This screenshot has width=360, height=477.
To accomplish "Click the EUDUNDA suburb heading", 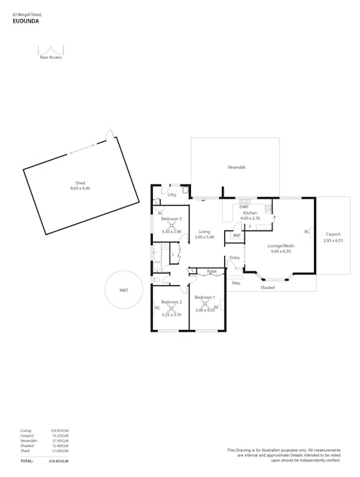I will pyautogui.click(x=25, y=21).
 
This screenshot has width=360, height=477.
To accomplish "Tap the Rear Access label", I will pyautogui.click(x=51, y=57).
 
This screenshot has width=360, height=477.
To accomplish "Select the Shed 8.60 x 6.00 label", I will pyautogui.click(x=80, y=186).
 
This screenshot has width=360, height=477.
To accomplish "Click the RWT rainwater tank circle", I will pyautogui.click(x=123, y=290).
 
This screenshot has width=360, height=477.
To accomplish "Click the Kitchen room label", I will pyautogui.click(x=250, y=213).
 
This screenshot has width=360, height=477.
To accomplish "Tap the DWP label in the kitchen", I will pyautogui.click(x=244, y=206).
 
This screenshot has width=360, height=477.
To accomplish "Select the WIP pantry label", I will pyautogui.click(x=237, y=235).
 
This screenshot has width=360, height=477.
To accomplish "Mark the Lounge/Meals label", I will pyautogui.click(x=280, y=247).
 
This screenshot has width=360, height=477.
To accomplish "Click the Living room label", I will pyautogui.click(x=204, y=232).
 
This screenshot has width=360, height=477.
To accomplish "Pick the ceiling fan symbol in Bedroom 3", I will pyautogui.click(x=171, y=225).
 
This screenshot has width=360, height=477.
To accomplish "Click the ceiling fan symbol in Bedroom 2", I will pyautogui.click(x=170, y=308).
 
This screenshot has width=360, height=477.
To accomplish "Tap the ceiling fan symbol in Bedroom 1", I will pyautogui.click(x=205, y=303).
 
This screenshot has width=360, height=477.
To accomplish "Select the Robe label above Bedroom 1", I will pyautogui.click(x=211, y=271).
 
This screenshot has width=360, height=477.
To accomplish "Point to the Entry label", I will pyautogui.click(x=235, y=258).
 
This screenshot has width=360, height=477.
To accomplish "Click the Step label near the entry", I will pyautogui.click(x=236, y=283).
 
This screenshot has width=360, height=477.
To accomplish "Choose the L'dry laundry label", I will pyautogui.click(x=172, y=194).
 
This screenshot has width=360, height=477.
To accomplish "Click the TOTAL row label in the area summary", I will pyautogui.click(x=27, y=461).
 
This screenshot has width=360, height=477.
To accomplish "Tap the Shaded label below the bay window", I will pyautogui.click(x=267, y=288).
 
